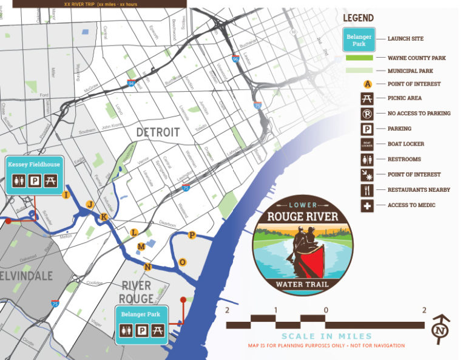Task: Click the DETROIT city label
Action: coord(158,132)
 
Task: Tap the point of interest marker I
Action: coord(66,194)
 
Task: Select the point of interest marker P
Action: coord(192,235)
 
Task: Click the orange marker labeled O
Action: coord(183,262)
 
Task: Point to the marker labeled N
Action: coord(147,267)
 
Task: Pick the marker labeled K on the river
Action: coord(104,217)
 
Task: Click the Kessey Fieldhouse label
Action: coord(33,165)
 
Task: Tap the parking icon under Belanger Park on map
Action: coord(141,331)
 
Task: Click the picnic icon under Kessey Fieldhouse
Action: coord(50,180)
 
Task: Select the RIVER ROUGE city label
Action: coord(137,292)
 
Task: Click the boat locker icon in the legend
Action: coord(367,144)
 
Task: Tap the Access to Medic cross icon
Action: coord(367,205)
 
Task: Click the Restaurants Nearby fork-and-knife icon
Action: coord(367,190)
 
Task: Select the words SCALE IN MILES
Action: coord(326,336)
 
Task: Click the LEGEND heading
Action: coord(358,18)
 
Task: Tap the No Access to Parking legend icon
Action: coord(367,113)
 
